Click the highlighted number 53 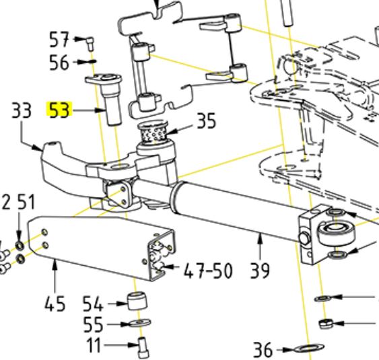pos(59,110)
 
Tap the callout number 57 pos(59,40)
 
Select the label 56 pos(59,63)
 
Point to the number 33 pos(22,110)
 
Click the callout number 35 pos(207,120)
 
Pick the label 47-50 pos(208,271)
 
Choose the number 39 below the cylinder pos(260,271)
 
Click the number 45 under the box pos(55,303)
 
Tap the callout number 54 pos(93,303)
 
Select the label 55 pos(93,324)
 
